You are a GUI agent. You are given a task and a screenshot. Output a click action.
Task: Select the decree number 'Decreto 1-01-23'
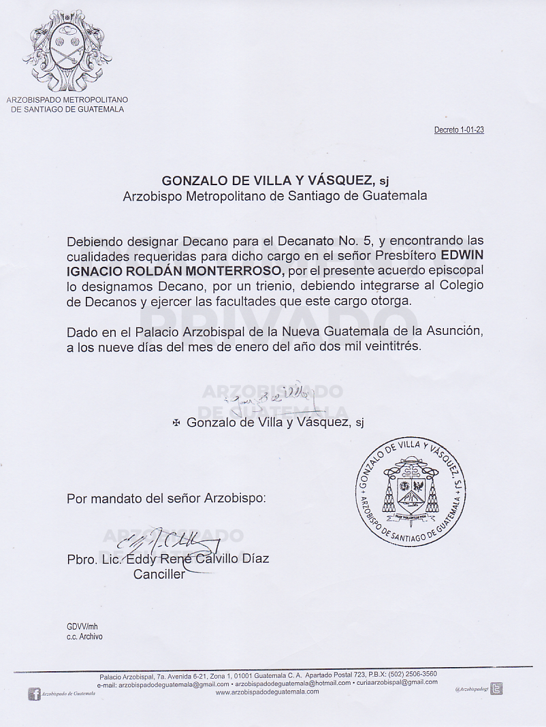pos(459,130)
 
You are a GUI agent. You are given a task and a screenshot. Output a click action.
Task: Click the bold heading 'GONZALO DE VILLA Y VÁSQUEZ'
pos(268,180)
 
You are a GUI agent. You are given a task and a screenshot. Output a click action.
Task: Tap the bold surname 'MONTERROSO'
pos(232,270)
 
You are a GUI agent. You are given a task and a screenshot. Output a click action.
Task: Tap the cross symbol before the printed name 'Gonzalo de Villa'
pos(176,423)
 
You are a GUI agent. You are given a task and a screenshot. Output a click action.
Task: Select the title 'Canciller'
pos(159,575)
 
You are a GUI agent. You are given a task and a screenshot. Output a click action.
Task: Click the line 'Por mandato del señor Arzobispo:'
pos(166,498)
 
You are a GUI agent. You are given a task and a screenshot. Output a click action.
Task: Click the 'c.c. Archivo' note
pos(84,637)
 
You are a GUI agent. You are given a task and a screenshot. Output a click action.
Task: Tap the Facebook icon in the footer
pos(34,694)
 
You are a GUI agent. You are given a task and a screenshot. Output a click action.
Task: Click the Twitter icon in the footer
pos(497,689)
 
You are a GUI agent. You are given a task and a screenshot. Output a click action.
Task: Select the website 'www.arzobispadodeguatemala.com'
pos(267,692)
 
